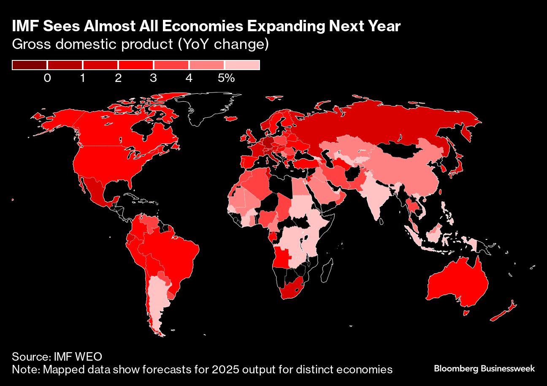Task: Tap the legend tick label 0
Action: [47, 78]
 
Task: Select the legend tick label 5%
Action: [226, 78]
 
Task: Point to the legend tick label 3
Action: [153, 78]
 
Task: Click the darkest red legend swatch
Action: [30, 65]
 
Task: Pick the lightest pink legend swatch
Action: [242, 65]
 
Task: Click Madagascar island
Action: [326, 271]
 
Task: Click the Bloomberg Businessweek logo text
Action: [484, 369]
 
